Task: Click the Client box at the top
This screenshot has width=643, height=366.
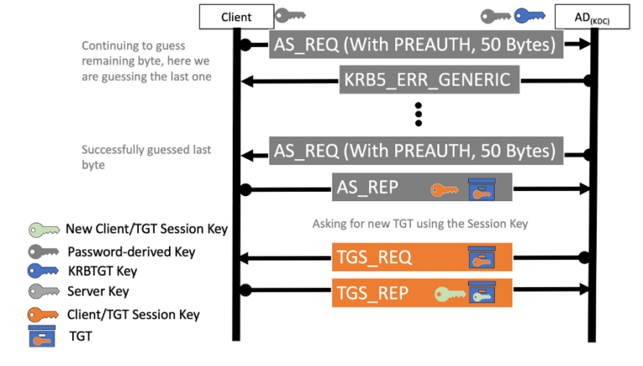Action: click(236, 16)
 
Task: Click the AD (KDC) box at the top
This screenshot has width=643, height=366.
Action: click(597, 16)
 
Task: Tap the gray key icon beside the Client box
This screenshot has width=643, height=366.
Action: click(291, 15)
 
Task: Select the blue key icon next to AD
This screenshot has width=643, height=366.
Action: click(530, 15)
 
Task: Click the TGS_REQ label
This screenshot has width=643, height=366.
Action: click(373, 257)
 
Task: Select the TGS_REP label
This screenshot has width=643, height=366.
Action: click(373, 292)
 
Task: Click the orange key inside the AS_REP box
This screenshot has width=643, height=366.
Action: click(445, 189)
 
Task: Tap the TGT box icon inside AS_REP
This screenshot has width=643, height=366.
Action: click(481, 189)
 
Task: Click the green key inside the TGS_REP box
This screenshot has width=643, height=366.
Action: click(449, 293)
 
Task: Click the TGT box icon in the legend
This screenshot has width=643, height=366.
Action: click(43, 337)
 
